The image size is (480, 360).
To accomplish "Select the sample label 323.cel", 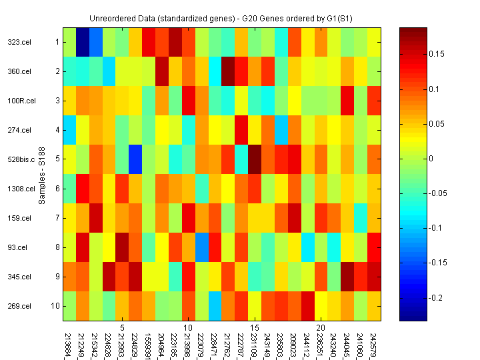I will [17, 42].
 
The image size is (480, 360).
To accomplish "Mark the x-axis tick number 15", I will [255, 328].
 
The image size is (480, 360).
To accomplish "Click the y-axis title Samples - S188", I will [41, 174].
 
